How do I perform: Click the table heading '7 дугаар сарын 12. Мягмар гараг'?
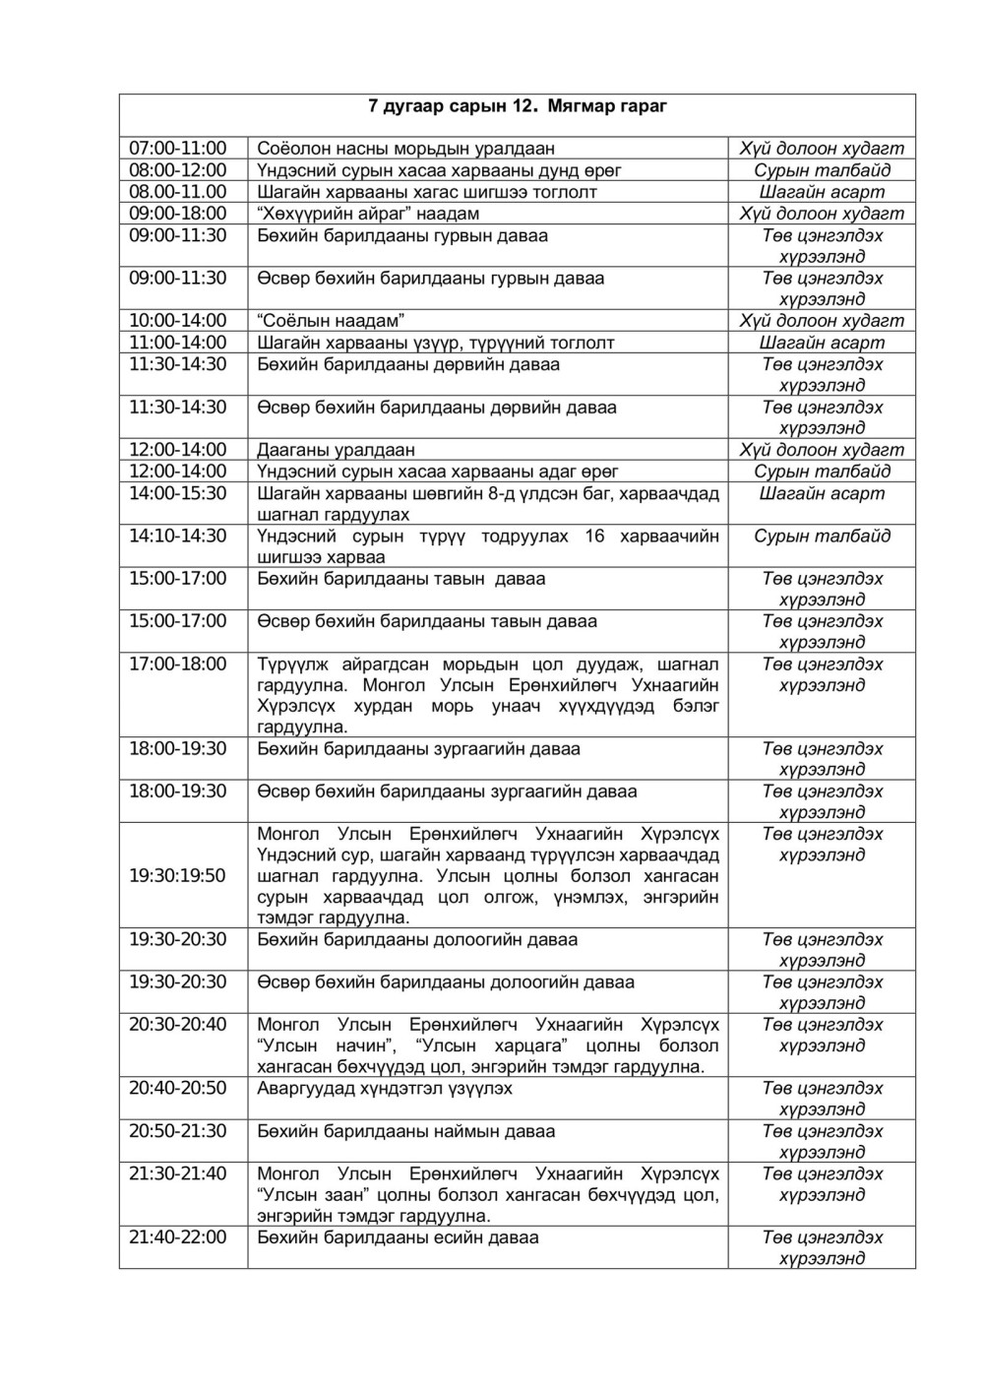tap(517, 106)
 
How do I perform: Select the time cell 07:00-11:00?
tap(178, 149)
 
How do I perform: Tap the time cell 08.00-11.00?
tap(178, 192)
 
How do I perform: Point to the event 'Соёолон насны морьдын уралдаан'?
tap(405, 149)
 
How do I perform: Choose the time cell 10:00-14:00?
tap(178, 321)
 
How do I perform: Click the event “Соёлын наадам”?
tap(332, 321)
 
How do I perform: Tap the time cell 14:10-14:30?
tap(178, 537)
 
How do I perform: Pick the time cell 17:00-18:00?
tap(178, 665)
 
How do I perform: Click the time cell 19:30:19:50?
tap(178, 875)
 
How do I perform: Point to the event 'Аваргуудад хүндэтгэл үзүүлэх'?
tap(385, 1089)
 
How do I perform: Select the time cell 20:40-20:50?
tap(178, 1089)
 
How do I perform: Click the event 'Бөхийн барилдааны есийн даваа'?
tap(398, 1237)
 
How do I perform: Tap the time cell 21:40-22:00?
tap(178, 1237)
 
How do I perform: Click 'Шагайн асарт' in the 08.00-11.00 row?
tap(822, 192)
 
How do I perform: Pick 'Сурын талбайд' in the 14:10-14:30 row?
tap(822, 537)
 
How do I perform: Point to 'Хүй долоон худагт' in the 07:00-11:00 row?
tap(822, 149)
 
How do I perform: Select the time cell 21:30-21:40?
tap(178, 1174)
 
